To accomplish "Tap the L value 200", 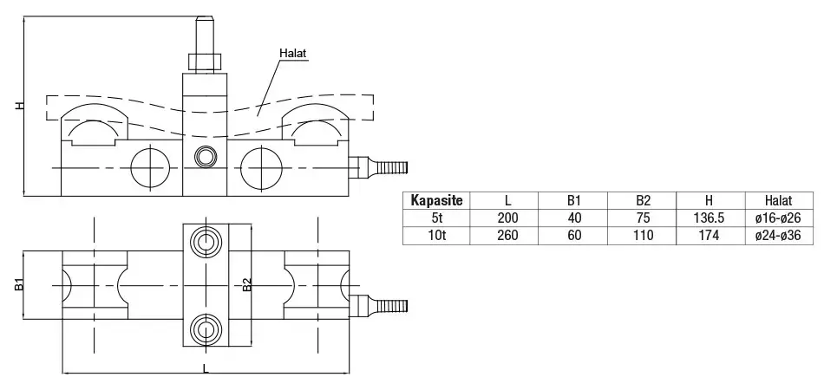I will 507,218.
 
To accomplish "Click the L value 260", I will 507,235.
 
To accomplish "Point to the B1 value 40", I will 576,218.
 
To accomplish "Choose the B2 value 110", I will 643,235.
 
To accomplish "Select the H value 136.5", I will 709,218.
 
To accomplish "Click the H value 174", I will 709,235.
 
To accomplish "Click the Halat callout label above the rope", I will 294,54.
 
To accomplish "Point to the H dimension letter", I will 19,106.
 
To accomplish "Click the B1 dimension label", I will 19,284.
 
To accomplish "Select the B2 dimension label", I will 246,284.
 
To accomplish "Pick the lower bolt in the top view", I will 206,328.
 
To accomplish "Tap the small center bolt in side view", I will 206,156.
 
